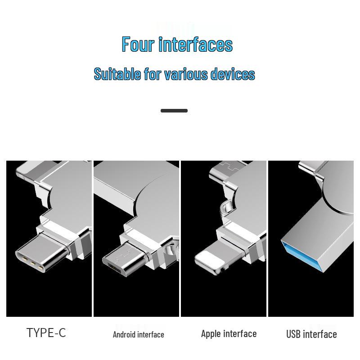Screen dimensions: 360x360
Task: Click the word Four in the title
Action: pyautogui.click(x=138, y=45)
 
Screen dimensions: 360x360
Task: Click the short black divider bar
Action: pyautogui.click(x=174, y=111)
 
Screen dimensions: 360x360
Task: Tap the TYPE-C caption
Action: pyautogui.click(x=46, y=333)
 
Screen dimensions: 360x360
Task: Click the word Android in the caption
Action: pyautogui.click(x=124, y=334)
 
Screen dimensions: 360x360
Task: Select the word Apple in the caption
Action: pyautogui.click(x=211, y=333)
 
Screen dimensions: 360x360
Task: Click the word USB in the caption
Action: pyautogui.click(x=293, y=334)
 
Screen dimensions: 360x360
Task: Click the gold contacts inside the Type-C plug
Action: pyautogui.click(x=31, y=262)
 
